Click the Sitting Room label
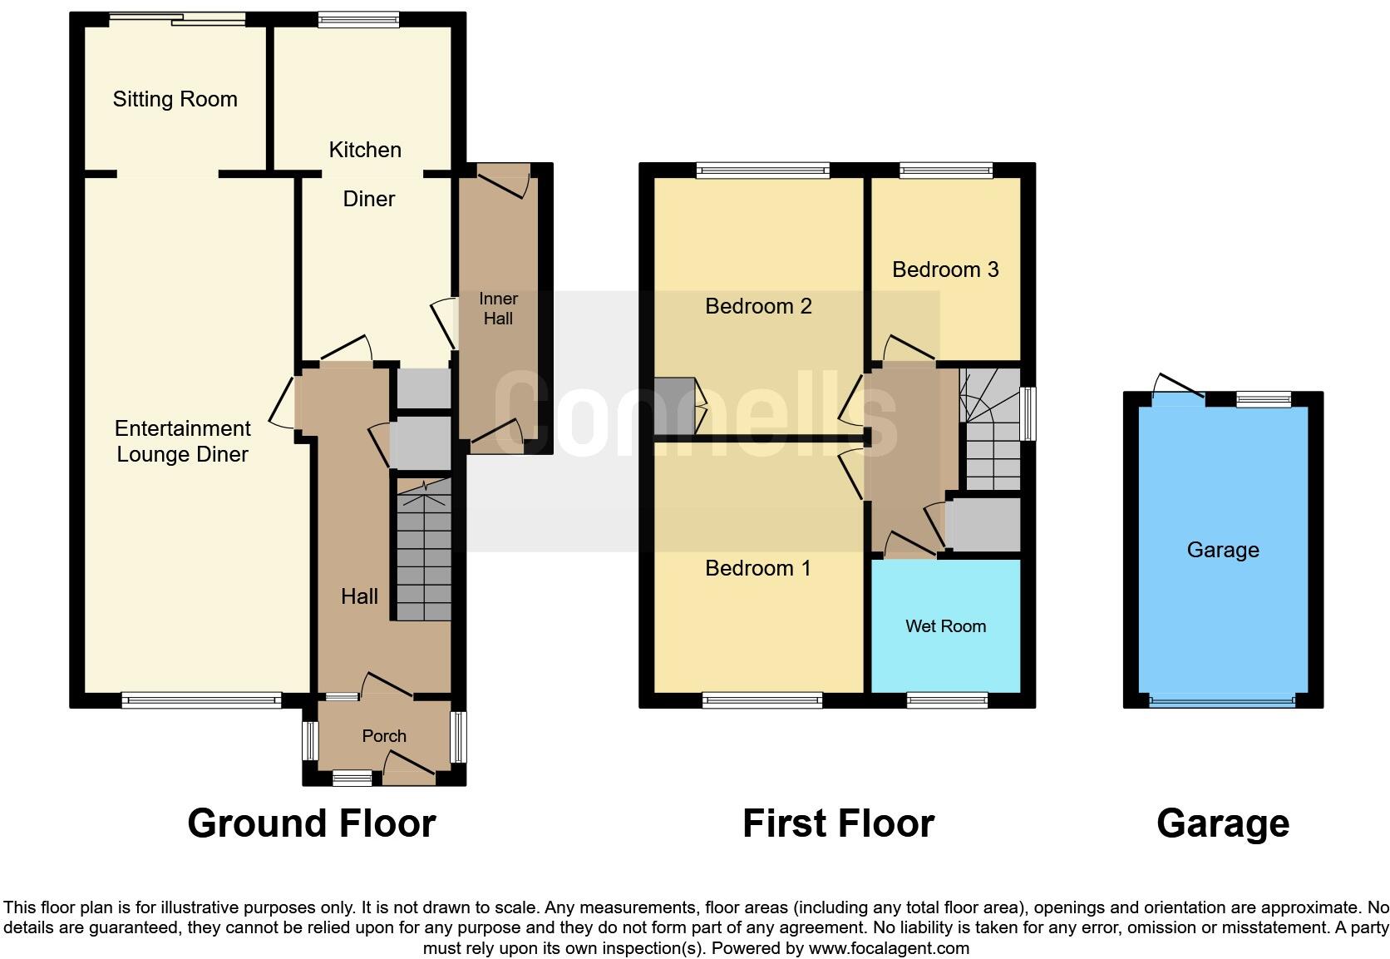(x=175, y=99)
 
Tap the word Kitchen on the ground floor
(x=365, y=150)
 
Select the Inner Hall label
(x=498, y=309)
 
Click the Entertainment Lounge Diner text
(x=182, y=441)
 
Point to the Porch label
(x=384, y=736)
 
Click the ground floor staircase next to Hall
(x=423, y=553)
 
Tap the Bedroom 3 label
(x=945, y=269)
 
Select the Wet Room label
(x=945, y=626)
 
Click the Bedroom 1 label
(x=757, y=568)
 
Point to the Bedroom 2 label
(x=758, y=306)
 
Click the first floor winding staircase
(x=991, y=433)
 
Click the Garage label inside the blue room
(x=1222, y=550)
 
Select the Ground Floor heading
(x=312, y=823)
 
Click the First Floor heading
(x=838, y=823)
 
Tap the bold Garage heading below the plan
(x=1222, y=823)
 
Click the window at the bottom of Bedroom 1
(x=762, y=701)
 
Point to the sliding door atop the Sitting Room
(x=178, y=19)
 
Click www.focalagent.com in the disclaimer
(x=888, y=948)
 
